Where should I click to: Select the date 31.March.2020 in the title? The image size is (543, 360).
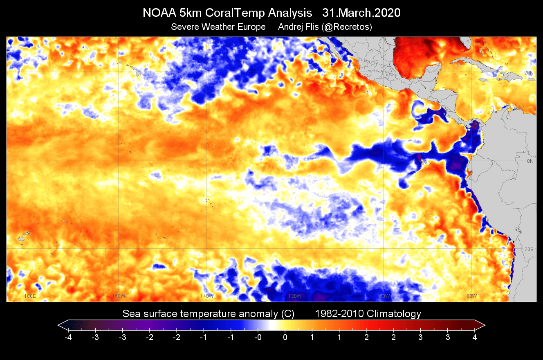click(x=361, y=13)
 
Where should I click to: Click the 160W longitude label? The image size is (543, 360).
click(x=118, y=296)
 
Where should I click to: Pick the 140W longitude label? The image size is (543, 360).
click(x=207, y=296)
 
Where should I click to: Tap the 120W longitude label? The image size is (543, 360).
click(x=295, y=296)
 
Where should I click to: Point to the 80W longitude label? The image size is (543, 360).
click(x=471, y=296)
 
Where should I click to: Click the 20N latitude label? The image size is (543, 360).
click(x=529, y=72)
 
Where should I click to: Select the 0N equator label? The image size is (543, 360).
click(x=530, y=161)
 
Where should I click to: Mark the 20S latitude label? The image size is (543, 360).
click(x=529, y=250)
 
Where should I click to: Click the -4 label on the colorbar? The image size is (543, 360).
click(x=68, y=337)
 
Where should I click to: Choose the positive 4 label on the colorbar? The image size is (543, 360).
click(x=475, y=337)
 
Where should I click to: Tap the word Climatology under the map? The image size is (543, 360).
click(x=394, y=314)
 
